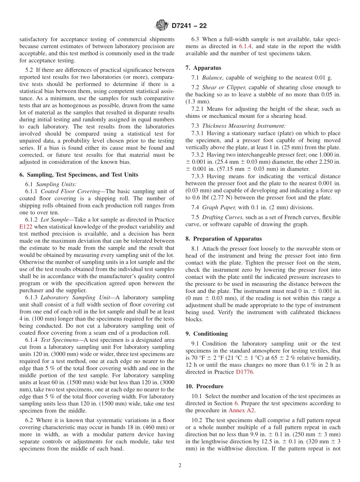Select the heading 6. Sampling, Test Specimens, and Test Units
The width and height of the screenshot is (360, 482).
pyautogui.click(x=79, y=175)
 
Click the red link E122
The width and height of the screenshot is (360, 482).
pyautogui.click(x=26, y=227)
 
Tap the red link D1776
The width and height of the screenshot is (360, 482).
pyautogui.click(x=245, y=372)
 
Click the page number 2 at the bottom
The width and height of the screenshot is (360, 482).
pyautogui.click(x=180, y=465)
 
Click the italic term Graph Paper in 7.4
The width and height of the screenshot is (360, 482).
pyautogui.click(x=218, y=207)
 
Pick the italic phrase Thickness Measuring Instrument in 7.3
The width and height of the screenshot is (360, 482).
pyautogui.click(x=244, y=126)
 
